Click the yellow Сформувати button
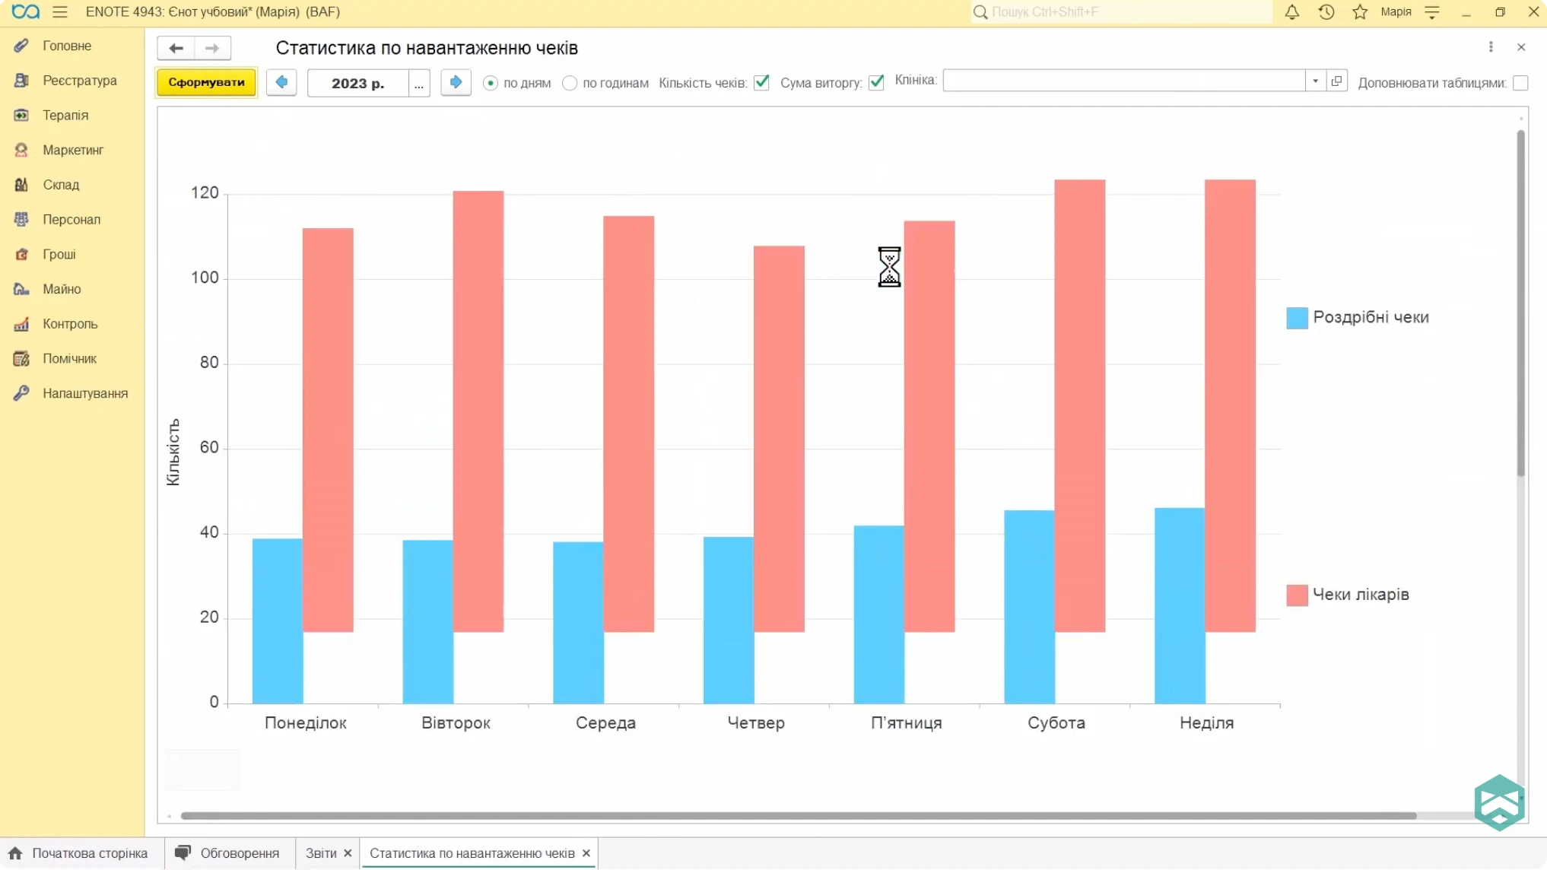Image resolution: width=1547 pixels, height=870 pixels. [x=206, y=82]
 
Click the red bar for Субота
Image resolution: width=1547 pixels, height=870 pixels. [x=1079, y=405]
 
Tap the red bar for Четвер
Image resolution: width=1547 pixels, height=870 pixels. [x=779, y=438]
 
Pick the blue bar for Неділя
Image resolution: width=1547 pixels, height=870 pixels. [x=1179, y=605]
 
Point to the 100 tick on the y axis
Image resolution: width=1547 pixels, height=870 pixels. [x=205, y=278]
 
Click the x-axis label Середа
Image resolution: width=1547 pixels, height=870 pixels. [x=605, y=722]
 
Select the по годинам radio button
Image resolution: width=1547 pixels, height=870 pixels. [x=570, y=83]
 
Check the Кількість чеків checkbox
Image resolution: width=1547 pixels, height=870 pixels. [x=761, y=82]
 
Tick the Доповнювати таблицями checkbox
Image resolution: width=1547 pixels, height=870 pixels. [x=1520, y=83]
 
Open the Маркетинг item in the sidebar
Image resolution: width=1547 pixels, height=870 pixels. [x=73, y=150]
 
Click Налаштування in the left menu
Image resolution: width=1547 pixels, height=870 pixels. [x=85, y=393]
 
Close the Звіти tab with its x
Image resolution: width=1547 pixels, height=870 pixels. [x=348, y=853]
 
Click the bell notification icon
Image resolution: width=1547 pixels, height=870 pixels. [x=1291, y=12]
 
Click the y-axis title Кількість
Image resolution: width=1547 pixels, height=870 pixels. [x=173, y=452]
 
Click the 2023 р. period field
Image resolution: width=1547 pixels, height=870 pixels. [x=357, y=83]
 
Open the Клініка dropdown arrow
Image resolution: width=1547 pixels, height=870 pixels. [x=1315, y=81]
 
